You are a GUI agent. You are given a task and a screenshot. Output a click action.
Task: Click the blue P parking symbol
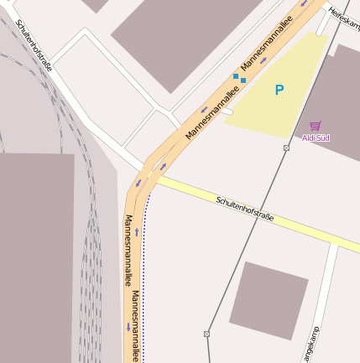coord(279,90)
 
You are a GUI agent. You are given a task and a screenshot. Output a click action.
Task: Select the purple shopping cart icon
coord(316,125)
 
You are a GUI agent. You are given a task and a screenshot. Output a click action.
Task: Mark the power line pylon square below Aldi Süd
coord(286,148)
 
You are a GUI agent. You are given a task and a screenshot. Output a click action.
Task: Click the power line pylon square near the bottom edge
coord(206,334)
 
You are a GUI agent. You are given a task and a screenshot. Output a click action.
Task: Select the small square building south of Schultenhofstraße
coord(262,299)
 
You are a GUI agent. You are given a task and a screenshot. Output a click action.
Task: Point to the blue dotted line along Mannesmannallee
coord(143,277)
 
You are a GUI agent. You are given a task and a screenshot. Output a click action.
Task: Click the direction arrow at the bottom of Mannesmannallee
coord(128,327)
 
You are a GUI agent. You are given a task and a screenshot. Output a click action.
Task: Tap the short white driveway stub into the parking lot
coord(223,110)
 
